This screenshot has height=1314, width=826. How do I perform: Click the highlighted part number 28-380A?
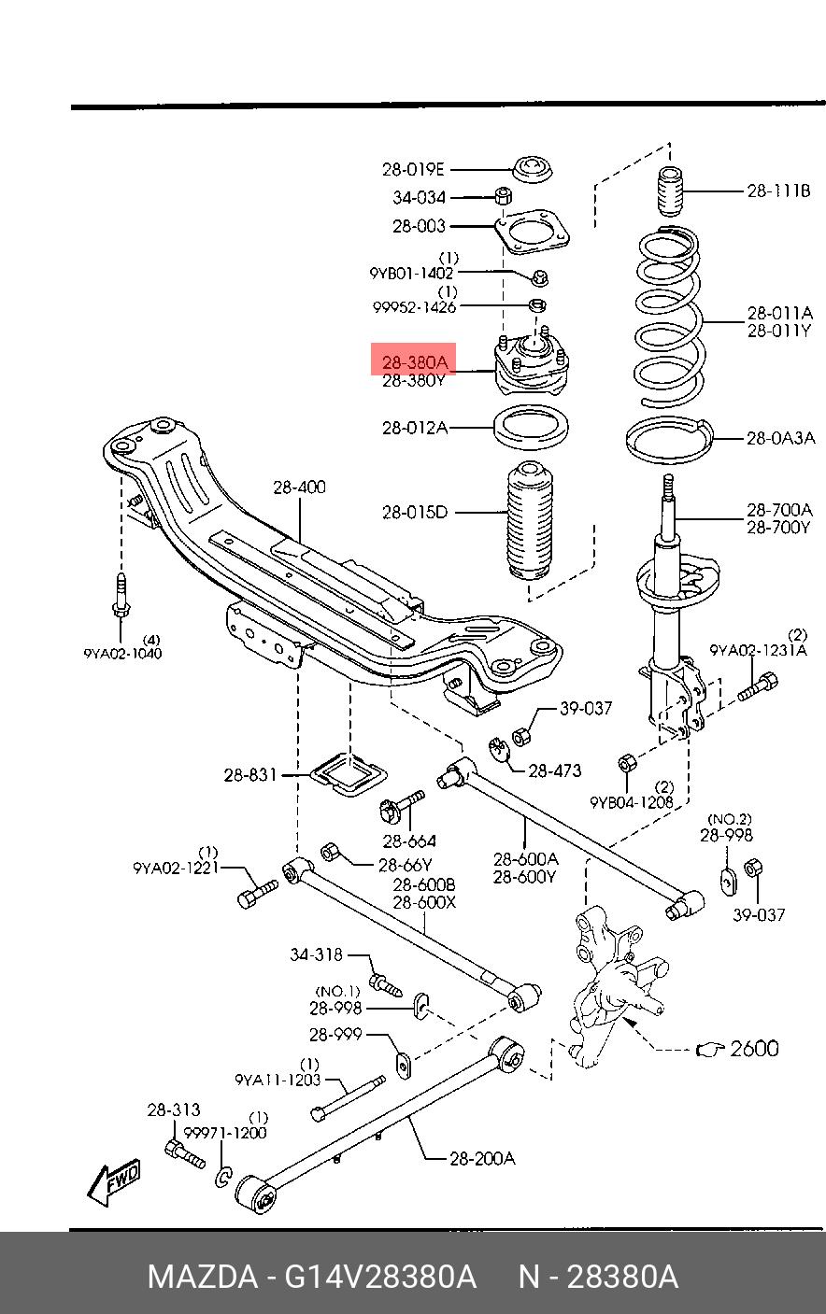click(415, 362)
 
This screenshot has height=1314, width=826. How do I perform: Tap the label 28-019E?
click(413, 170)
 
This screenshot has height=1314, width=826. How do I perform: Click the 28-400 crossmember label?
click(299, 487)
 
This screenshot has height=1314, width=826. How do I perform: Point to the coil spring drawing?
click(669, 317)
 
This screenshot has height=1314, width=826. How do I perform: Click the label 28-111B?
click(778, 191)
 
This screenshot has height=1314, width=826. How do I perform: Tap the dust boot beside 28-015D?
click(530, 520)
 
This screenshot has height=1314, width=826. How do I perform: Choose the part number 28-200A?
click(482, 1158)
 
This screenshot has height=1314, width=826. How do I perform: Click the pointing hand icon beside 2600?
click(710, 1050)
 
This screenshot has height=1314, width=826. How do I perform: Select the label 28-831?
click(250, 775)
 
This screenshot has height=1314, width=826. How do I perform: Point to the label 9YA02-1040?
click(122, 654)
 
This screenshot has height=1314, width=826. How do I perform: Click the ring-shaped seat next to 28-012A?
click(531, 427)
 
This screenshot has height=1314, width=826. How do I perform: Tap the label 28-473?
click(555, 770)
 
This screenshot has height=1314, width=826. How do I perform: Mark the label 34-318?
click(316, 954)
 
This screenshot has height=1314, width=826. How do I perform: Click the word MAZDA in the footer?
click(203, 1277)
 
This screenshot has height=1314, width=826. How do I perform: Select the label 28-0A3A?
click(781, 438)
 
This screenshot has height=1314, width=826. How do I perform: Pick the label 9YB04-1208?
click(632, 802)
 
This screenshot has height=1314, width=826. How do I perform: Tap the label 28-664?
click(409, 841)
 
